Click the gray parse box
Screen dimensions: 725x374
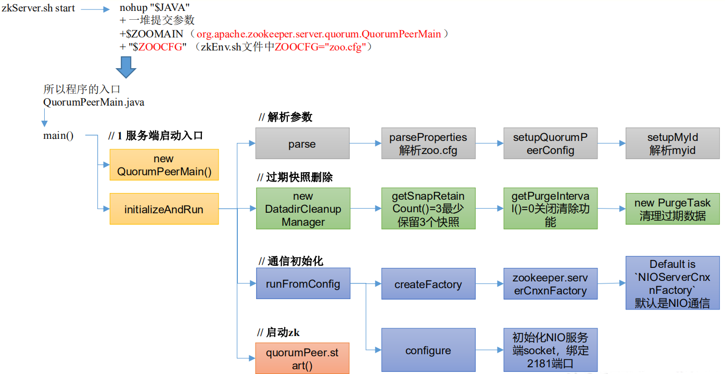coord(302,144)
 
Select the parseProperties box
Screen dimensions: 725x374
coord(428,144)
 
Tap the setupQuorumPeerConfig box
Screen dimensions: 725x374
coord(550,144)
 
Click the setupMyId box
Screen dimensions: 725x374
coord(672,144)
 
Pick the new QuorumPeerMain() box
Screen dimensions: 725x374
coord(164,165)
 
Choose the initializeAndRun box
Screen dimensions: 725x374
coord(164,209)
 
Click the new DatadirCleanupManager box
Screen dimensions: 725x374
coord(303,209)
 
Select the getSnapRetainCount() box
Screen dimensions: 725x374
coord(428,209)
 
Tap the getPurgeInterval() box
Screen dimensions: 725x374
coord(550,209)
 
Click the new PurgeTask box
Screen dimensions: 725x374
coord(672,209)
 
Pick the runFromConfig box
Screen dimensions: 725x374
coord(303,283)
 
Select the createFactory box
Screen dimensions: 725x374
coord(428,283)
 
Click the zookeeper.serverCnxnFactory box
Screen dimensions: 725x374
coord(550,283)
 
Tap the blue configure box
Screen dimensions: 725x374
coord(428,350)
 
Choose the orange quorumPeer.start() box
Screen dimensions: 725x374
coord(302,358)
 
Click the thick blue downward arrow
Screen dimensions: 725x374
coord(126,67)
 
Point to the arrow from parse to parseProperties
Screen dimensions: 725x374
coord(365,143)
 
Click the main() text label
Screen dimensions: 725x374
coord(58,136)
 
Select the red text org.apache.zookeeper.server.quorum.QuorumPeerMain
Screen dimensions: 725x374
coord(319,34)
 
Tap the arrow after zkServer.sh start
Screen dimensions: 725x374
coord(95,9)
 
